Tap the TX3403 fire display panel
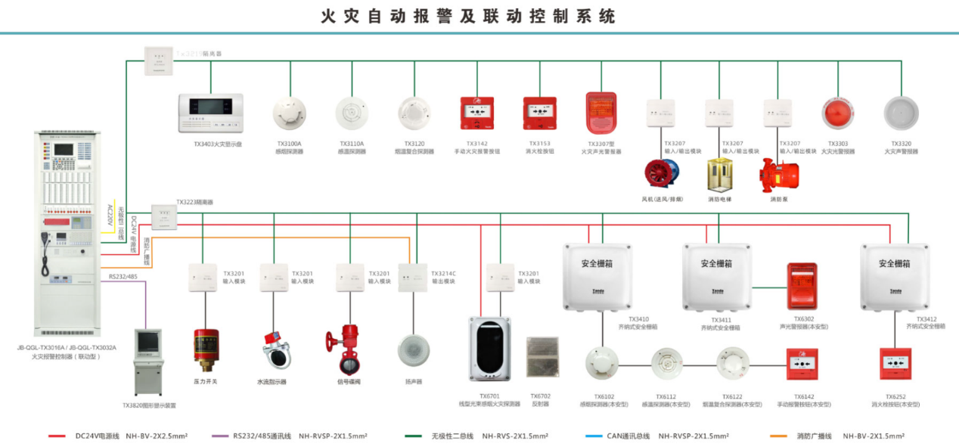coord(210,113)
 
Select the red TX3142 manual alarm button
coord(476,113)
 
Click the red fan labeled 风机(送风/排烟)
coord(663,174)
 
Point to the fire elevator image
coord(720,175)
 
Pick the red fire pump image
coord(779,175)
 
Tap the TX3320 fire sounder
coord(900,114)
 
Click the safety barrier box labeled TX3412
coord(895,277)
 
